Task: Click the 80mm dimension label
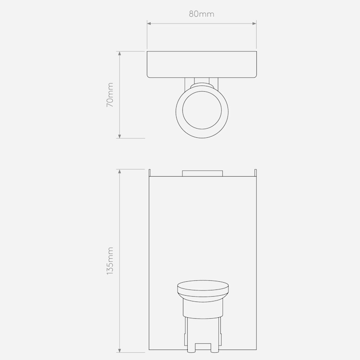click(202, 14)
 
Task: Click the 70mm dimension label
click(110, 95)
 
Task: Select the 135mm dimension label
click(110, 261)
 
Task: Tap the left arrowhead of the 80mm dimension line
click(149, 24)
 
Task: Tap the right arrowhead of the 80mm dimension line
click(254, 24)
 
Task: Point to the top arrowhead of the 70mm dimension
click(120, 53)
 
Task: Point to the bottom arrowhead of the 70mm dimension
click(120, 136)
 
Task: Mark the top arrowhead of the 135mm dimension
click(120, 171)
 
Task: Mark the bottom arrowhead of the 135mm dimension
click(120, 350)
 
